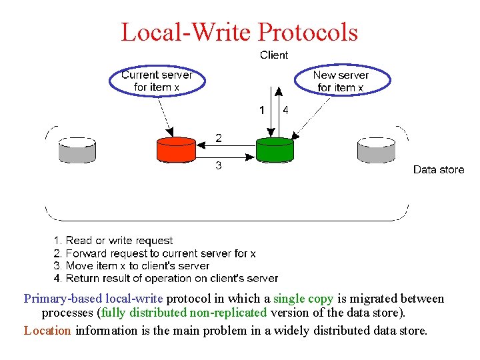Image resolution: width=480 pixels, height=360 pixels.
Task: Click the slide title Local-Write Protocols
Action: (239, 32)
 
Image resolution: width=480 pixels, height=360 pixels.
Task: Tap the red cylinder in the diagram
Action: (176, 150)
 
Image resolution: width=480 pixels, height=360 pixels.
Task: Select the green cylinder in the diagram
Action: (275, 150)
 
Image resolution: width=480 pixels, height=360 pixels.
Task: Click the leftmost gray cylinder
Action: (77, 150)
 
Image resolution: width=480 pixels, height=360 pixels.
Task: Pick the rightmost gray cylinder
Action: (377, 150)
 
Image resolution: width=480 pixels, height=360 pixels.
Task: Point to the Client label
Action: (274, 55)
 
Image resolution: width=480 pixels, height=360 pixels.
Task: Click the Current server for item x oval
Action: (157, 81)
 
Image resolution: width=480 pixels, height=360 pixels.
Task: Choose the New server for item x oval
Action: (341, 81)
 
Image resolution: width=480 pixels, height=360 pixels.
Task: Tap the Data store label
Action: (438, 170)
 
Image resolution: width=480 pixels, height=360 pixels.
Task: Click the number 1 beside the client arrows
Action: (262, 109)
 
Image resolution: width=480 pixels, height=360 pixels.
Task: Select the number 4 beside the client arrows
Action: (285, 109)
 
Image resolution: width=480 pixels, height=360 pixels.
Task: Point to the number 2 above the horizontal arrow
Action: (219, 138)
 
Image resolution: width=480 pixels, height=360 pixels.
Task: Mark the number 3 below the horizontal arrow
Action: (219, 166)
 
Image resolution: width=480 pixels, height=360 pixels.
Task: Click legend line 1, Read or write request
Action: (113, 241)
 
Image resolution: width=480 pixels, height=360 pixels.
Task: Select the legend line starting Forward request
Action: (154, 253)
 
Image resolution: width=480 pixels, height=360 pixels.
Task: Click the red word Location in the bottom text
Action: (47, 330)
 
